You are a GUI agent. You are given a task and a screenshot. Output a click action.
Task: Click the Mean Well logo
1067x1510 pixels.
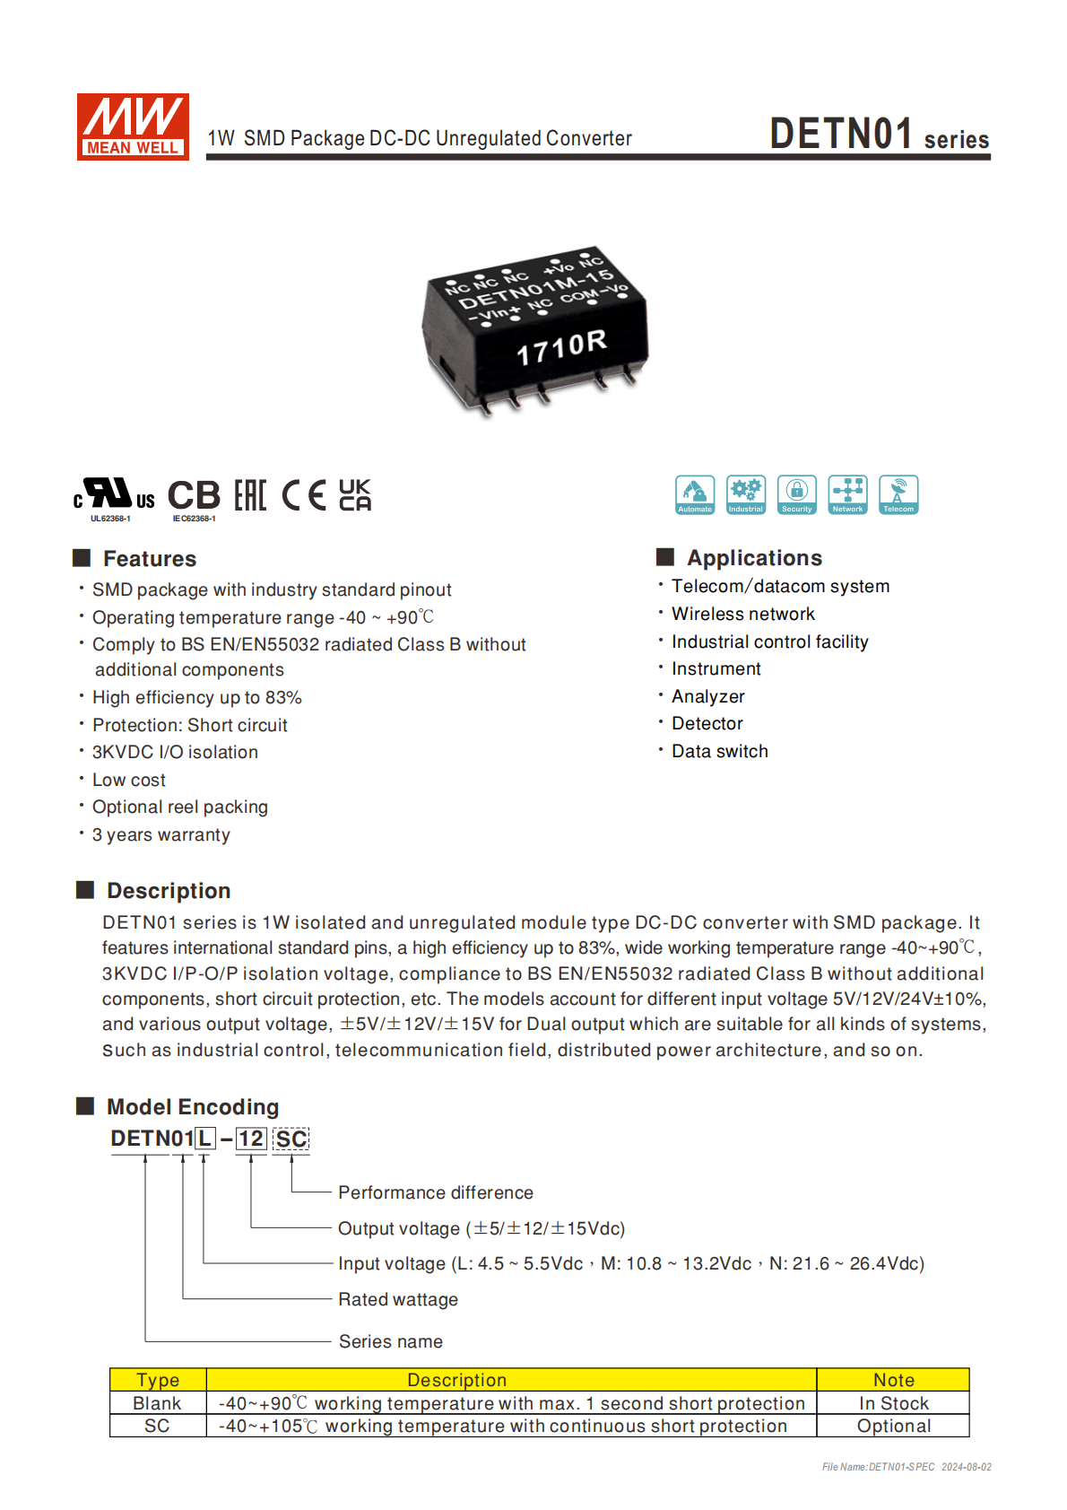coord(133,127)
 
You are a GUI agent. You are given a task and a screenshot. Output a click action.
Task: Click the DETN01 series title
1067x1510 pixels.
coord(879,135)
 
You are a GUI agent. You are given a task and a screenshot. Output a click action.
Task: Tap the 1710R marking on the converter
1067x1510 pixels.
coord(561,347)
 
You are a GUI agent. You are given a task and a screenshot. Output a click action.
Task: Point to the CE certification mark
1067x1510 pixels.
coord(304,495)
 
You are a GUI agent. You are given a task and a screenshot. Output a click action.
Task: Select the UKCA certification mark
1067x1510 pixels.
coord(355,495)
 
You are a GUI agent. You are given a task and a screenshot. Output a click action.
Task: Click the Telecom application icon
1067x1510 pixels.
coord(898,494)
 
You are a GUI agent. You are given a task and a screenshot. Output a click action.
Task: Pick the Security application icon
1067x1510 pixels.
coord(796,494)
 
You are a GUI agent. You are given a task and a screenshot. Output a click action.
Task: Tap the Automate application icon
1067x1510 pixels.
coord(695,494)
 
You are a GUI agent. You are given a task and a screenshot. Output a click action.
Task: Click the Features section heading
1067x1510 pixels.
coord(149,559)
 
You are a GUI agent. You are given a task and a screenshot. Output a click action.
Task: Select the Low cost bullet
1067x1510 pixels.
coord(129,780)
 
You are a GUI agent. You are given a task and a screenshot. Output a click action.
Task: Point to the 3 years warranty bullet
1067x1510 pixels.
coord(161,834)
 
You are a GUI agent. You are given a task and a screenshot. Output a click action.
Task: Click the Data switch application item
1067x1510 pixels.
coord(720,751)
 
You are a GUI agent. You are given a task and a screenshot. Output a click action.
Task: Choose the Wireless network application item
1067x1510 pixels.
coord(743,614)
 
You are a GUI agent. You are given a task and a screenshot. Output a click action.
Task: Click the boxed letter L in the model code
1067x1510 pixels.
coord(205,1139)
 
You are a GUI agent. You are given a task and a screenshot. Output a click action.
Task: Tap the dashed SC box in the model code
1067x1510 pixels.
coord(291,1139)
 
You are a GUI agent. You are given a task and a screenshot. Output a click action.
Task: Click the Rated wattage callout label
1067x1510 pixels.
coord(398,1299)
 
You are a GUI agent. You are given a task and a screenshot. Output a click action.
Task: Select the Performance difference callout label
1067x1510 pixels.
coord(436,1192)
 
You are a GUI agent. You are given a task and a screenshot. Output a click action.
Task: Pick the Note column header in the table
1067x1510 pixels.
coord(893,1380)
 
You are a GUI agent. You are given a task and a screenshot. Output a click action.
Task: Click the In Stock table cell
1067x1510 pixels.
coord(893,1403)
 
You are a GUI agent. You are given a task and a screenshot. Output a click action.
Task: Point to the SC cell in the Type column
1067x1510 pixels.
coord(157,1426)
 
